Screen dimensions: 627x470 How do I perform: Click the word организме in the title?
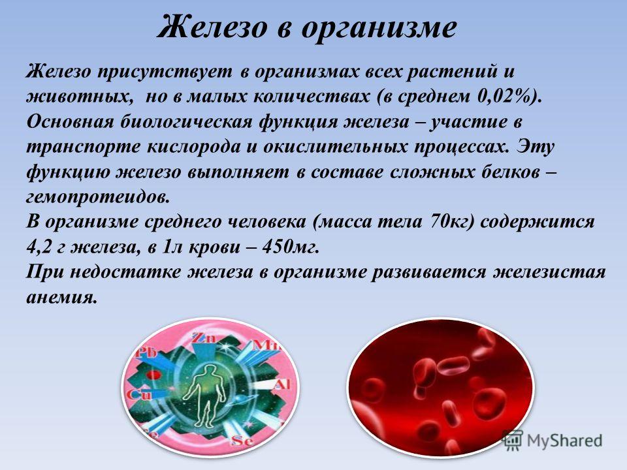(378, 29)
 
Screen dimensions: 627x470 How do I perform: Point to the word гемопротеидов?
(98, 197)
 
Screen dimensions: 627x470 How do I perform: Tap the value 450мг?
(291, 247)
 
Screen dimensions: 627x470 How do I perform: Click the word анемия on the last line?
(62, 298)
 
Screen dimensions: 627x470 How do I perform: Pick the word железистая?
(550, 272)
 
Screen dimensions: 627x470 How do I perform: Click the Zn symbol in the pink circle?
(204, 337)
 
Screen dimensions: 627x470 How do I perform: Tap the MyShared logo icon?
(512, 440)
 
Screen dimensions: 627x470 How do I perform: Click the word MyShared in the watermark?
(564, 440)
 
